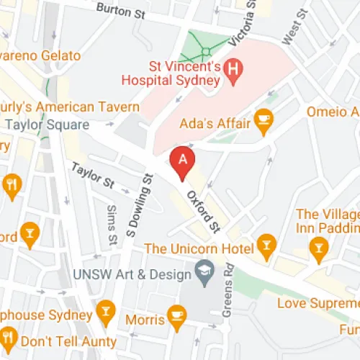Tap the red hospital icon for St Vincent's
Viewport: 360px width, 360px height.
pos(233,70)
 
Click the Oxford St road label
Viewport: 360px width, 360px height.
pos(202,210)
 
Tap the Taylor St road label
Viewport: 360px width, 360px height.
pos(92,175)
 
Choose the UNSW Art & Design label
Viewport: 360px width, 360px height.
pos(134,275)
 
